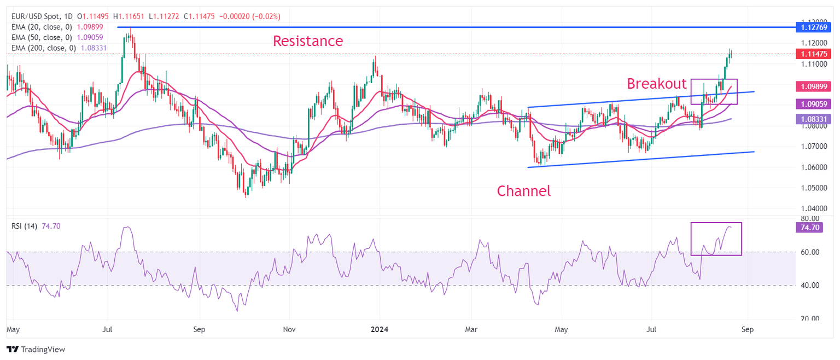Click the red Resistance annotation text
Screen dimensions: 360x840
[308, 41]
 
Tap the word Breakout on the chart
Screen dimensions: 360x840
[656, 84]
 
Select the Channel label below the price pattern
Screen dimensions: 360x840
[523, 191]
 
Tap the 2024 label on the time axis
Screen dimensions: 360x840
[379, 330]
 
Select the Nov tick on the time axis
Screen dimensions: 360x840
[290, 330]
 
